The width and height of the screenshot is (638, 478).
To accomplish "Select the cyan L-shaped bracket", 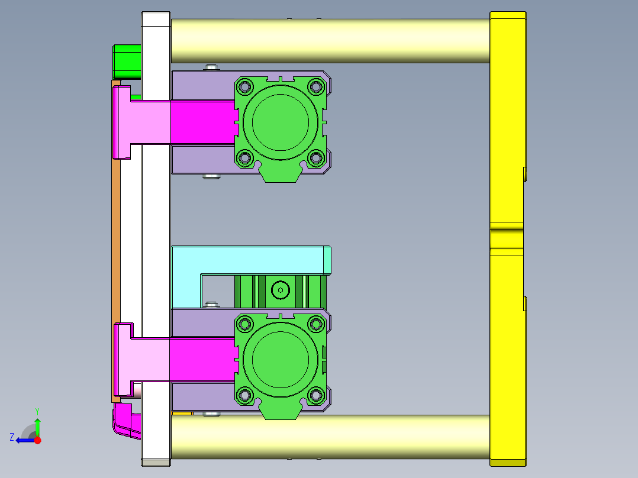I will (249, 260).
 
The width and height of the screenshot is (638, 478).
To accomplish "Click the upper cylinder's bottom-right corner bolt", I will (315, 158).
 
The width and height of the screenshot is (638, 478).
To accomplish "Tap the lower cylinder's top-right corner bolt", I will (315, 324).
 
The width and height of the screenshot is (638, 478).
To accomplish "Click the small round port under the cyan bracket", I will (280, 290).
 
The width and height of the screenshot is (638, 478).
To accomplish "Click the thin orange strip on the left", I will (116, 237).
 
